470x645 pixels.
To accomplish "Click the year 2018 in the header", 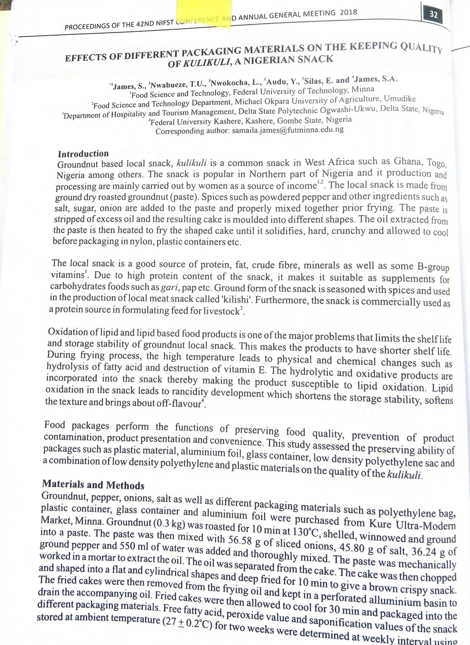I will (x=348, y=13).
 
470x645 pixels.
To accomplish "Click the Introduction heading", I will (x=83, y=154).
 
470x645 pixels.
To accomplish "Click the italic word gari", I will (x=169, y=287).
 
